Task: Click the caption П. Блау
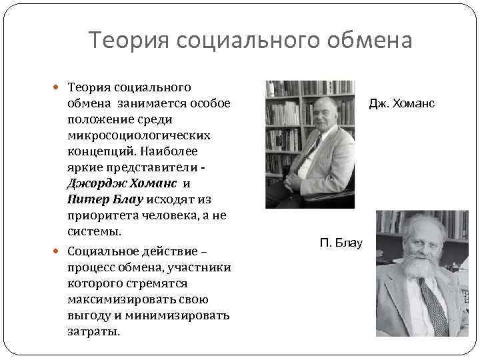341,243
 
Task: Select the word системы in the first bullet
93,231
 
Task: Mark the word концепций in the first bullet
97,151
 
